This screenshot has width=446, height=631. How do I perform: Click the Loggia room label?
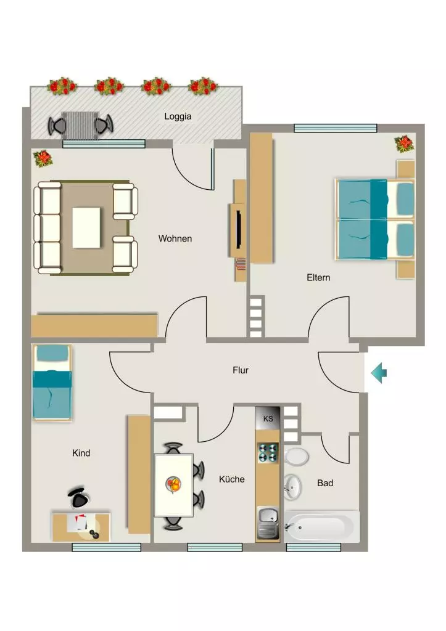[178, 116]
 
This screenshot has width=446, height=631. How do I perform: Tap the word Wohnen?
[175, 238]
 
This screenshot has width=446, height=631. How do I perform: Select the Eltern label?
[318, 277]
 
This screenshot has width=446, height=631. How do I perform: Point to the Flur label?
[241, 370]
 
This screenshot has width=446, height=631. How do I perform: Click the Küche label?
[232, 479]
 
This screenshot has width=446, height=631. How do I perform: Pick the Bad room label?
[325, 483]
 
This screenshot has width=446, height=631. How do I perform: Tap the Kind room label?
[81, 453]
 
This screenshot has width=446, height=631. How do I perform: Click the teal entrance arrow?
[379, 373]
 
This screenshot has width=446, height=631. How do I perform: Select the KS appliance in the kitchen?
[268, 418]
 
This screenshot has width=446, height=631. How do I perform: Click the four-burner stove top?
[268, 452]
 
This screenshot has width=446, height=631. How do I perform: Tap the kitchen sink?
[268, 523]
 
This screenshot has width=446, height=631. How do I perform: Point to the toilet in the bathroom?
[297, 457]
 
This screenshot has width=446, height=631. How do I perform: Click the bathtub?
[321, 526]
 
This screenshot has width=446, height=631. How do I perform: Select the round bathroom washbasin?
[293, 486]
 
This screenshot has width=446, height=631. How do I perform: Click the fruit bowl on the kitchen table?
[174, 484]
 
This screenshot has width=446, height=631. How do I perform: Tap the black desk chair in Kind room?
[78, 497]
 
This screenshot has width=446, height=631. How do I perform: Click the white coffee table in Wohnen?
[86, 228]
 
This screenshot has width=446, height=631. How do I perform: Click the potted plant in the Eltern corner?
[404, 144]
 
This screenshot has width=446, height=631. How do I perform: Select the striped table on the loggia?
[81, 126]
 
